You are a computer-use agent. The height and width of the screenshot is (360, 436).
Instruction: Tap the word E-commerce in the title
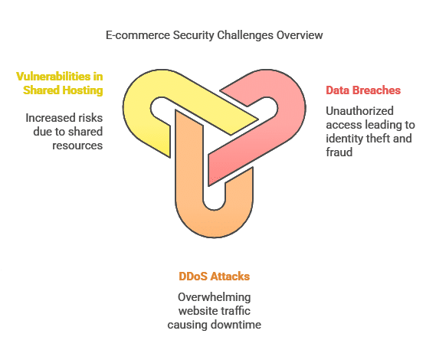138,35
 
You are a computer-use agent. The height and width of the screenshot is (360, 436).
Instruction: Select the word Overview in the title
300,35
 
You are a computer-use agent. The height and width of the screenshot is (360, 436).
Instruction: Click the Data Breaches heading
363,90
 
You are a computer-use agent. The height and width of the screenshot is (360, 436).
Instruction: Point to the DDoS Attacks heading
214,277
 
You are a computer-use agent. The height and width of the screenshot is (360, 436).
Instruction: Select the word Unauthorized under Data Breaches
359,111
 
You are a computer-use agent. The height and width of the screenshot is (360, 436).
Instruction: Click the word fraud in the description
339,152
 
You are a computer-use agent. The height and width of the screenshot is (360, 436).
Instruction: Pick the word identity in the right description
341,139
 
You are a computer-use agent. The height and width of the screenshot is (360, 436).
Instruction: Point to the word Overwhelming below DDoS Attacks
214,297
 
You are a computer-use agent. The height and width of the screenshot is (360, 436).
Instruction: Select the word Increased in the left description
50,118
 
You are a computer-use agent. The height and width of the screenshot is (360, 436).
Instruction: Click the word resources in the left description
77,146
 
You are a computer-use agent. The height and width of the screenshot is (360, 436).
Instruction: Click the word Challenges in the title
245,35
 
